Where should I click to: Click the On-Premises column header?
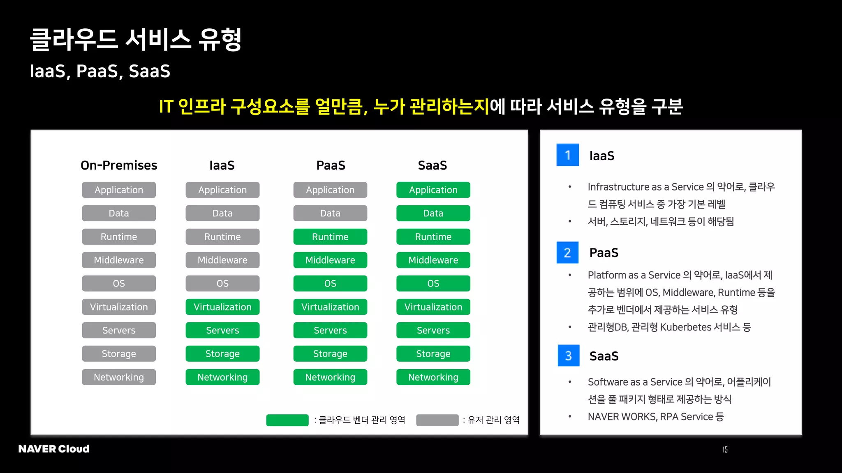[119, 165]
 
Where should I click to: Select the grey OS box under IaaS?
[222, 283]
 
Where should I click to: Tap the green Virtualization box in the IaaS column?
[222, 307]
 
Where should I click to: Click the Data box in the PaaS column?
[330, 213]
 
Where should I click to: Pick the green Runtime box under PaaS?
[330, 236]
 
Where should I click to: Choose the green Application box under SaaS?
[433, 190]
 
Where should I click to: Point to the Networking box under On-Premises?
[119, 377]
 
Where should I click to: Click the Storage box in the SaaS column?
[433, 354]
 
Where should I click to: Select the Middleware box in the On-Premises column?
[119, 260]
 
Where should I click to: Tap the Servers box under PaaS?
[330, 330]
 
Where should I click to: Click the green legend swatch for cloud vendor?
[287, 420]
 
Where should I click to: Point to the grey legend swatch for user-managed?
[437, 420]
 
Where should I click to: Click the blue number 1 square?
[567, 155]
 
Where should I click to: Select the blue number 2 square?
[567, 253]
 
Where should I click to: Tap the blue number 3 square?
[568, 356]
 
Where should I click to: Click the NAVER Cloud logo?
[54, 449]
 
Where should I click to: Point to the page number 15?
[725, 450]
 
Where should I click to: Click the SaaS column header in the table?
[432, 165]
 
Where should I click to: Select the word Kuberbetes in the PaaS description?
[685, 327]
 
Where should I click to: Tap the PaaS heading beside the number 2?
[604, 253]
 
